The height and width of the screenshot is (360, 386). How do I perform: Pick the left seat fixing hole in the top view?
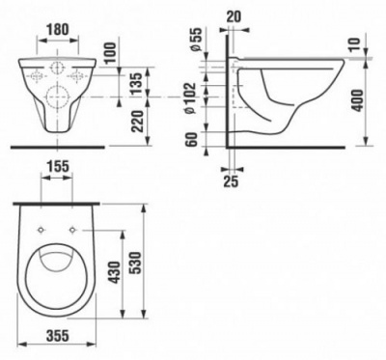42,229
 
